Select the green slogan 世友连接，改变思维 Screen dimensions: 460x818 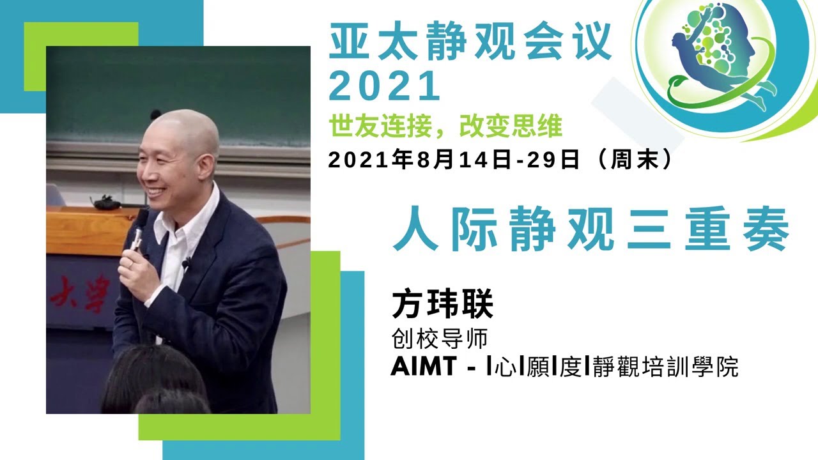(x=445, y=126)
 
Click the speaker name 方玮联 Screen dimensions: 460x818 (x=442, y=305)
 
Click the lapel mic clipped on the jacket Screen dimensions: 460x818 (x=187, y=263)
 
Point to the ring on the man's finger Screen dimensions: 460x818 (x=130, y=261)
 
